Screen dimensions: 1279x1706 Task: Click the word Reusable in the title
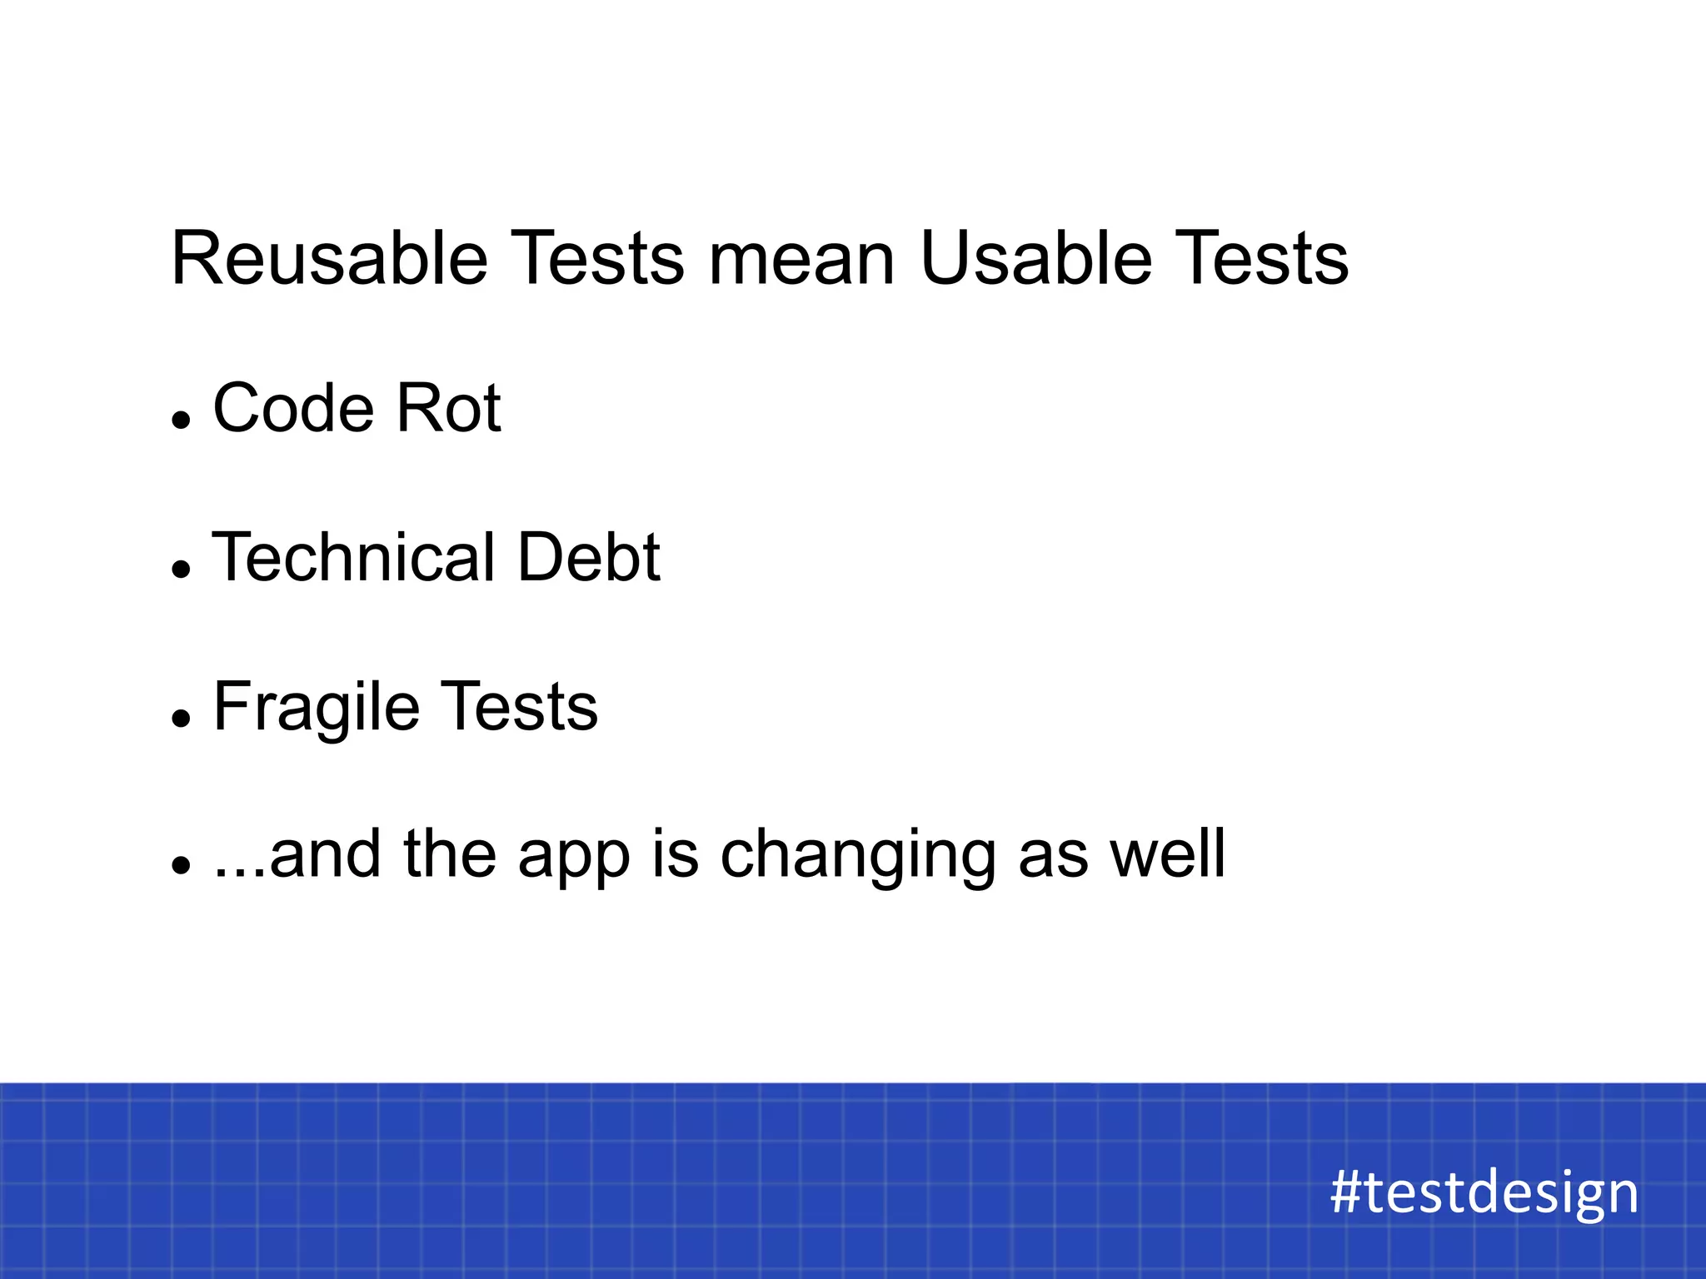pyautogui.click(x=329, y=260)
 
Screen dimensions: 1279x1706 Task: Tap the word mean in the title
pyautogui.click(x=801, y=260)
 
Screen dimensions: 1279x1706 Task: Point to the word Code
pyautogui.click(x=293, y=409)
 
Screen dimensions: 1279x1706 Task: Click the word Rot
pyautogui.click(x=448, y=409)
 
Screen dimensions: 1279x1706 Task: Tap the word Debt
pyautogui.click(x=588, y=557)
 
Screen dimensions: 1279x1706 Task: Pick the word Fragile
pyautogui.click(x=316, y=708)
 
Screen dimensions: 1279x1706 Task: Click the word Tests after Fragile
pyautogui.click(x=518, y=708)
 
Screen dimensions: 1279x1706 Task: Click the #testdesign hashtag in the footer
pyautogui.click(x=1484, y=1192)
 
